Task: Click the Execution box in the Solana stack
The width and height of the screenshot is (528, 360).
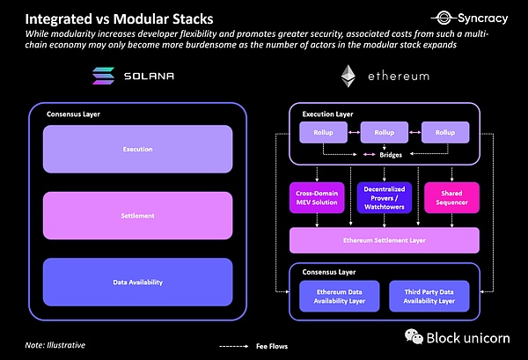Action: pyautogui.click(x=137, y=149)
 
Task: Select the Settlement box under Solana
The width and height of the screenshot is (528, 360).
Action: pyautogui.click(x=137, y=214)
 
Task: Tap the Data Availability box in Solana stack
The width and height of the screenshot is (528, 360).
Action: pyautogui.click(x=137, y=282)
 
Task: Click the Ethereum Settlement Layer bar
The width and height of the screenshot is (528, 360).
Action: pyautogui.click(x=384, y=240)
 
